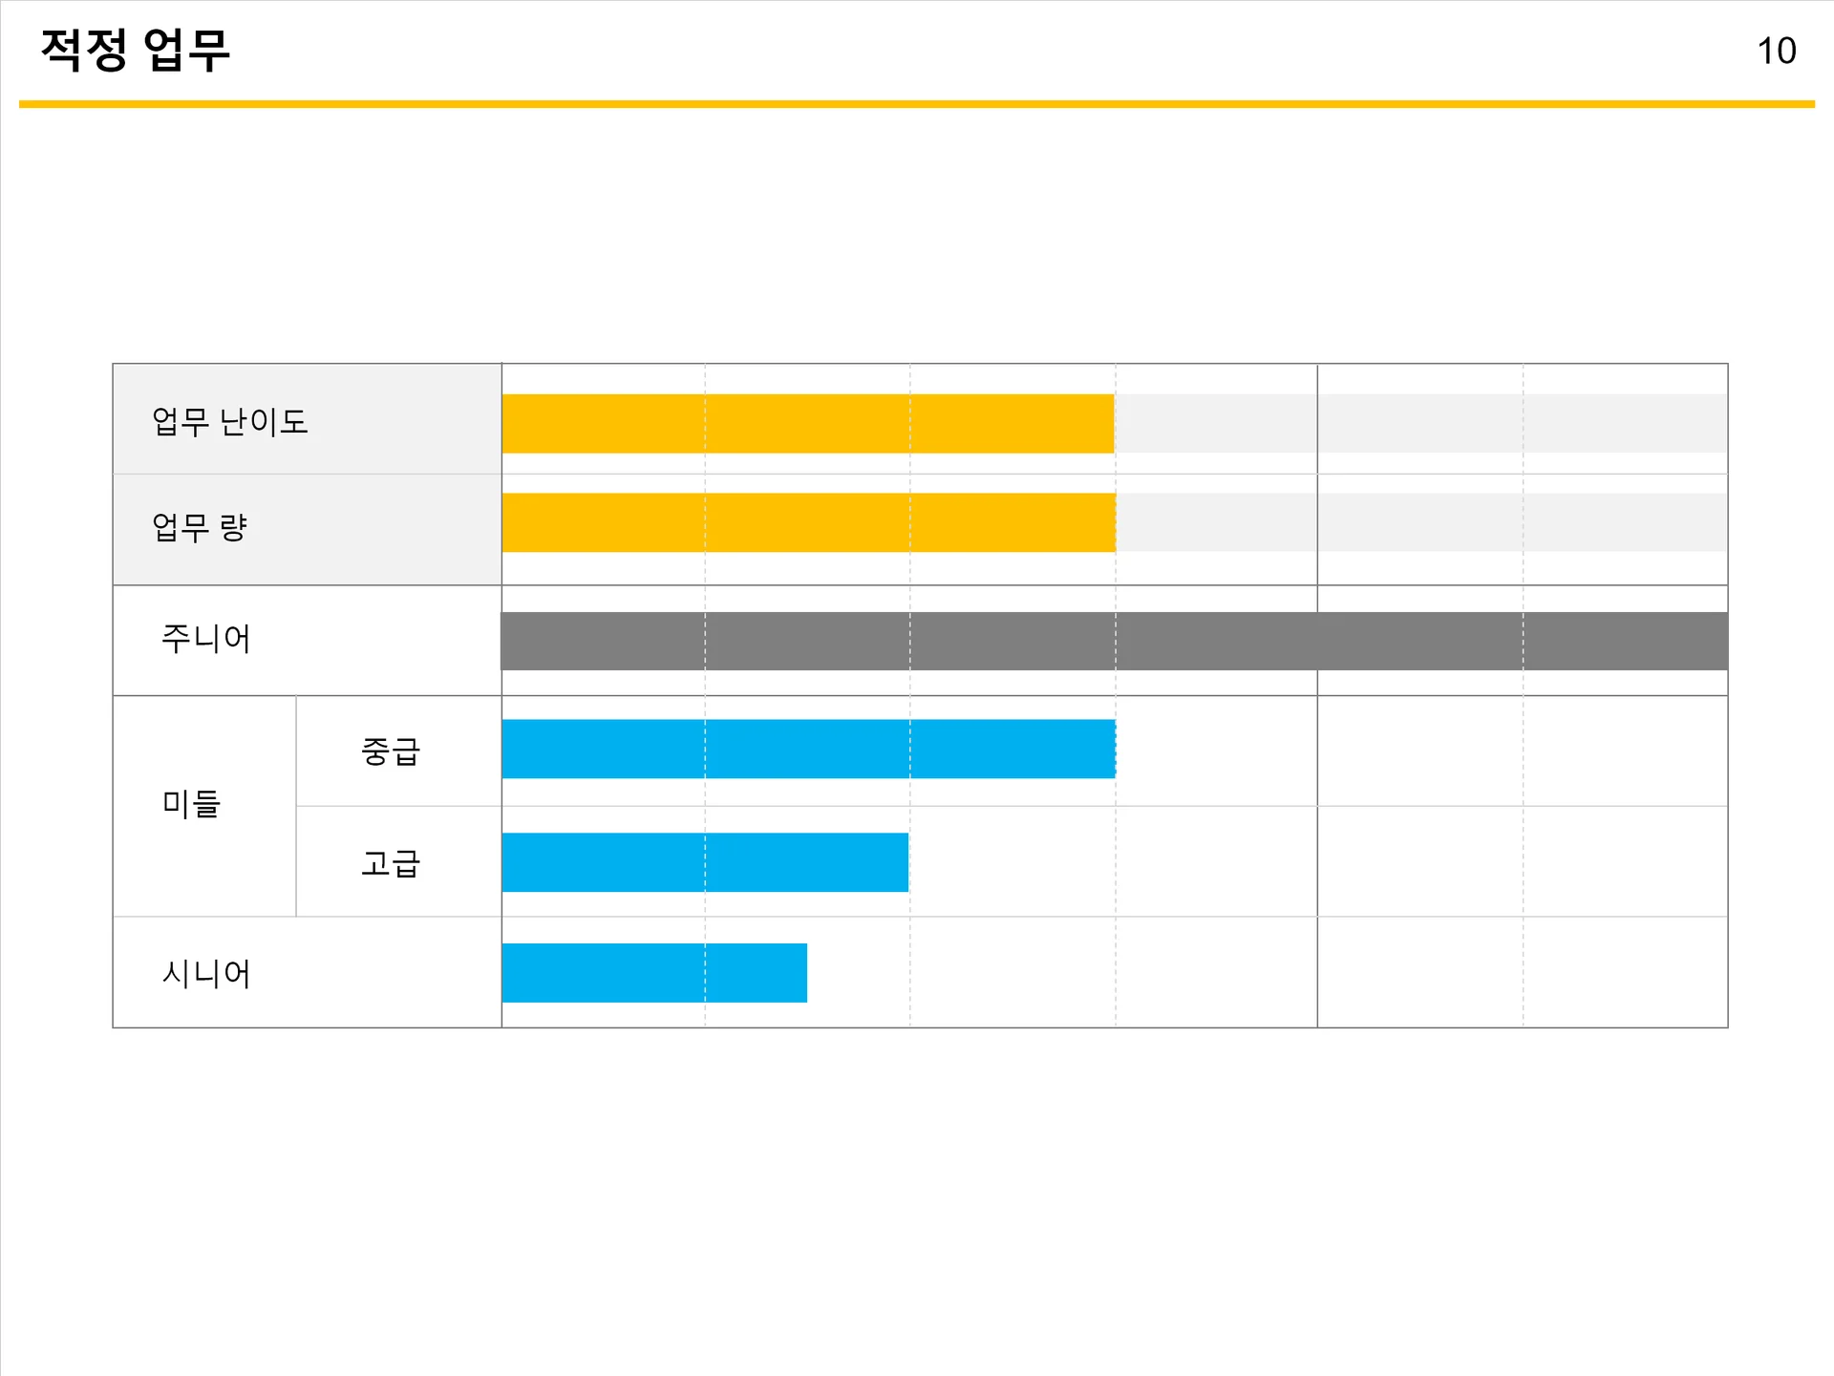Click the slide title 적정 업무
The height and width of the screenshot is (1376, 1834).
[x=135, y=50]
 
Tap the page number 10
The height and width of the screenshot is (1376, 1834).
[x=1776, y=51]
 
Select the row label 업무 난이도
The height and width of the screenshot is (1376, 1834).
[x=230, y=421]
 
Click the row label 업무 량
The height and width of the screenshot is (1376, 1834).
[x=200, y=526]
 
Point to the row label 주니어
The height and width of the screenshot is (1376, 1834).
[x=206, y=638]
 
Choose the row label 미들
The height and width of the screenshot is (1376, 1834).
[x=191, y=803]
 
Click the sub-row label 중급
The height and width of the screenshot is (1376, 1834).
[x=391, y=752]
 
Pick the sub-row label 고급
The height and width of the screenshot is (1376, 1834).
[x=391, y=863]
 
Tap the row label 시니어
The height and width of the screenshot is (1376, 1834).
[x=206, y=973]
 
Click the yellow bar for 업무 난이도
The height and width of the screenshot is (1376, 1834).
[x=807, y=423]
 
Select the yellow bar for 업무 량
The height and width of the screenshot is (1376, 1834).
[x=808, y=522]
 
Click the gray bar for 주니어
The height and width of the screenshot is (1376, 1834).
[x=1114, y=641]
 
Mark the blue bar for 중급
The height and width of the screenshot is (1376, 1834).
[x=808, y=749]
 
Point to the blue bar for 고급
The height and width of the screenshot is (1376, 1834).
[x=705, y=862]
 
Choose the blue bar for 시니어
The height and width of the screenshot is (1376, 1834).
[x=654, y=973]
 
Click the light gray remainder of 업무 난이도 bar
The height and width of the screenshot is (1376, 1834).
[x=1420, y=423]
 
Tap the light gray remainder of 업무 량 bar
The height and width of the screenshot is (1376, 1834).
[x=1420, y=522]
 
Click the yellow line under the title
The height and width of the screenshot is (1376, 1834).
[x=917, y=104]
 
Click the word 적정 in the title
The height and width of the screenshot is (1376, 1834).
[x=84, y=50]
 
